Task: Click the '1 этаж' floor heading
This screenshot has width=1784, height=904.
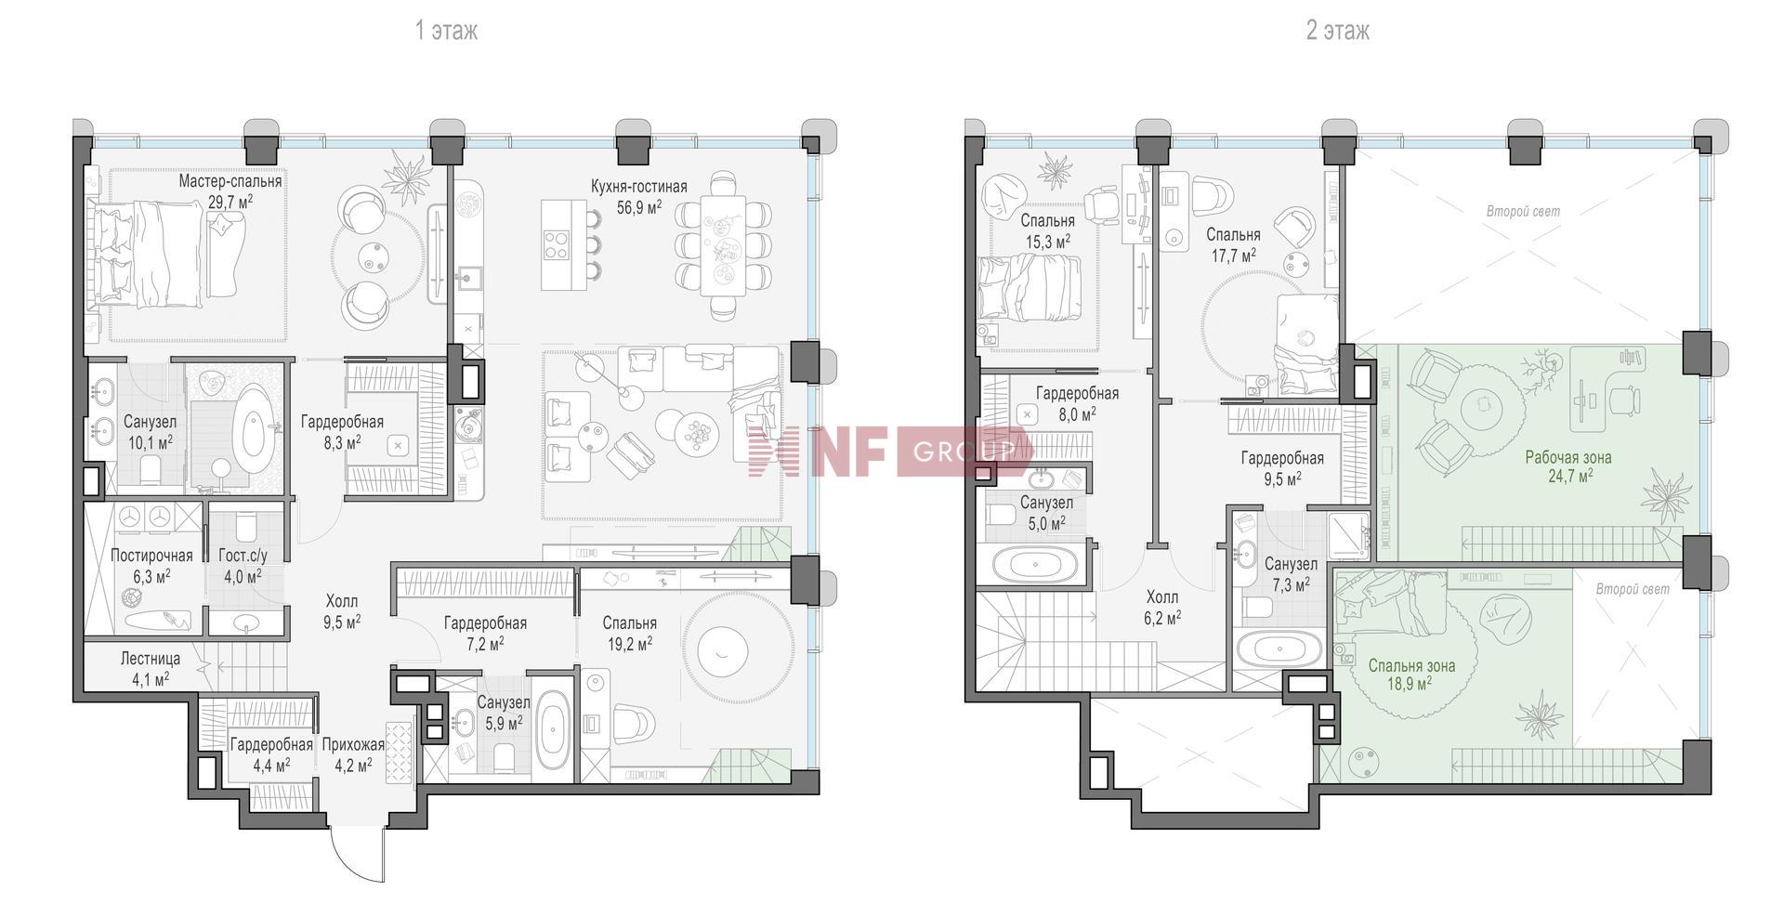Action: tap(446, 31)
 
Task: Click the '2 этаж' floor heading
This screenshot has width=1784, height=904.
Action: tap(1338, 31)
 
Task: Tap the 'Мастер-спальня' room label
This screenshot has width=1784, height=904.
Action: tap(230, 181)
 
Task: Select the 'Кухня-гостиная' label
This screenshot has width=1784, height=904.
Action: tap(639, 187)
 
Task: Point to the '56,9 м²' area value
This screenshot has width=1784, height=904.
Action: tap(639, 207)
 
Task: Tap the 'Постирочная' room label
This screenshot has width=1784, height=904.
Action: tap(151, 556)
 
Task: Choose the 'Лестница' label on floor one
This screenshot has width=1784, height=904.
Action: tap(151, 659)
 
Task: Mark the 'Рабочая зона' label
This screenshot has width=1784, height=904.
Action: tap(1568, 457)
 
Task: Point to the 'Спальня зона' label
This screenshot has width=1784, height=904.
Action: tap(1411, 665)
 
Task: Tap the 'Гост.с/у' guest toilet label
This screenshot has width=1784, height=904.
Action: tap(243, 556)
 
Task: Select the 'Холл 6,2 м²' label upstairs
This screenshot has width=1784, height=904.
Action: tap(1162, 606)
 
